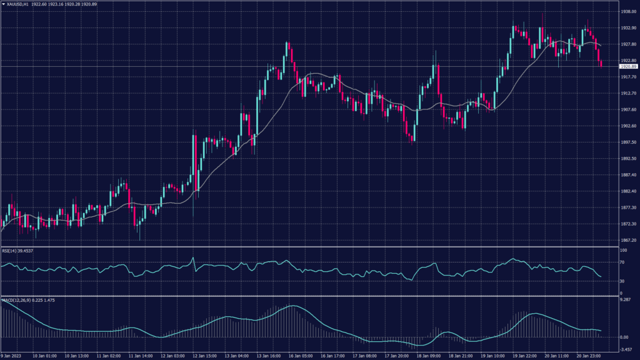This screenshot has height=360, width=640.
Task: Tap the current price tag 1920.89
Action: click(x=627, y=66)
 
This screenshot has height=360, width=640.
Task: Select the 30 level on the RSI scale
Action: click(x=622, y=281)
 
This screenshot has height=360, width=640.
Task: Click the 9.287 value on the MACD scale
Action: click(x=625, y=301)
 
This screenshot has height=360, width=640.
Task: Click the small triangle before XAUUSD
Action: click(x=4, y=5)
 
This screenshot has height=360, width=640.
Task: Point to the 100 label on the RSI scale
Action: click(x=622, y=250)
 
